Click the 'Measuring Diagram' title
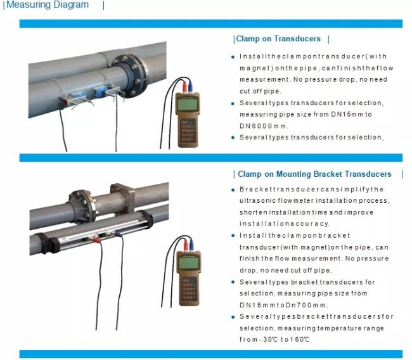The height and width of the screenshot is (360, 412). (x=47, y=5)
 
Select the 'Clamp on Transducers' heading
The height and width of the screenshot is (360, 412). (x=278, y=39)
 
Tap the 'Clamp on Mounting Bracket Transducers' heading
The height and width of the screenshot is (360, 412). (x=314, y=174)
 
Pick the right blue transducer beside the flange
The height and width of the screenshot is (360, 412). (x=101, y=93)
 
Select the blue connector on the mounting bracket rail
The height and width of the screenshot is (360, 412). (x=119, y=233)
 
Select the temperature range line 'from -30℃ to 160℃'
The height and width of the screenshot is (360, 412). (x=274, y=339)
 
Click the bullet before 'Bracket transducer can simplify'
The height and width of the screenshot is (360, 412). (x=233, y=190)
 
